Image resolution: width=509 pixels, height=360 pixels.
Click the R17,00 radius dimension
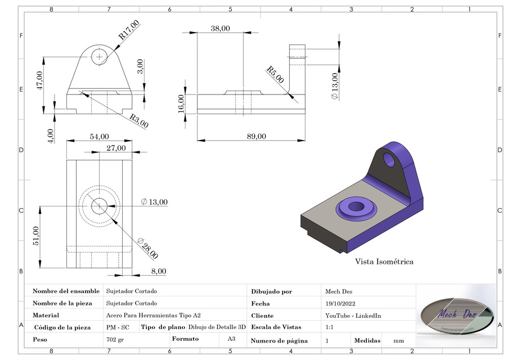[129, 30]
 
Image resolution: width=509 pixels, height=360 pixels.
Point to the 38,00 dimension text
[220, 29]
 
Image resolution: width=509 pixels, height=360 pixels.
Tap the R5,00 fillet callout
[275, 74]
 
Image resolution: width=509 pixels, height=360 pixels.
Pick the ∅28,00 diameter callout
[147, 247]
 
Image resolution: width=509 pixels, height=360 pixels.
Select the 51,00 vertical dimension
[35, 236]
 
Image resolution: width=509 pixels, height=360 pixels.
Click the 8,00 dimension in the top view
[158, 271]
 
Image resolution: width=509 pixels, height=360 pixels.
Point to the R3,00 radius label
[139, 121]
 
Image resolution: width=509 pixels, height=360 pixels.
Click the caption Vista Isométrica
[384, 262]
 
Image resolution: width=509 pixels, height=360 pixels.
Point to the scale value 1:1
[330, 327]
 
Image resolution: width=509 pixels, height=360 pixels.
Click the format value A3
[231, 339]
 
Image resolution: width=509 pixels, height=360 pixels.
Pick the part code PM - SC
[118, 327]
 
